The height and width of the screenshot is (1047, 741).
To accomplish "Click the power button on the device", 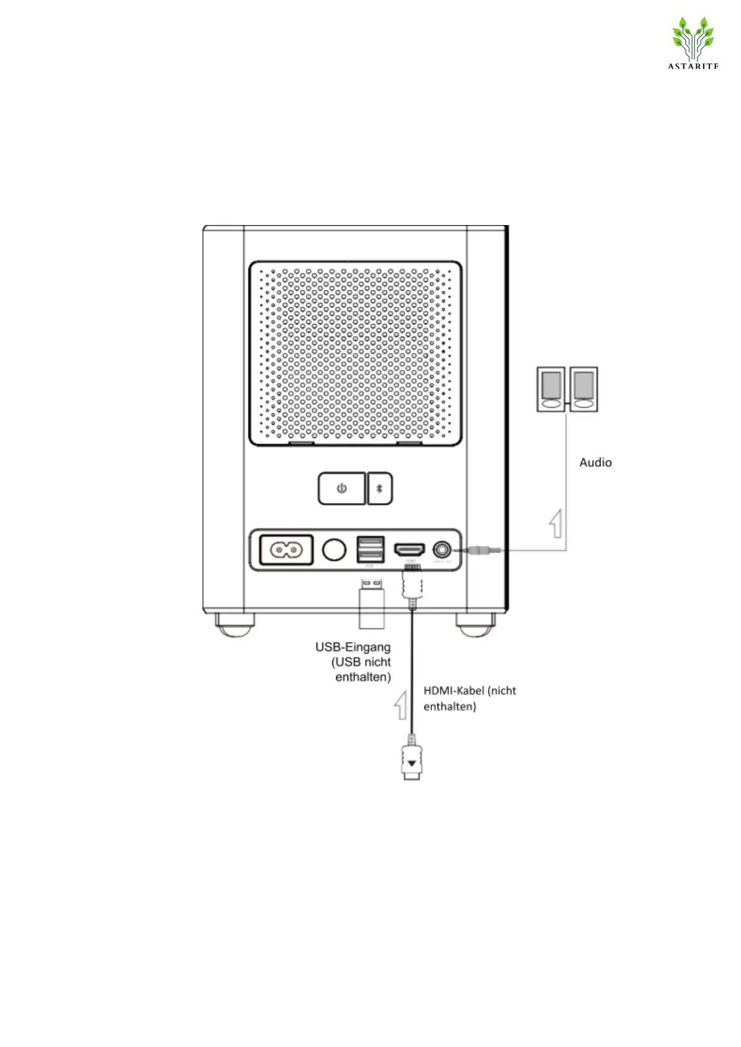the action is point(341,489).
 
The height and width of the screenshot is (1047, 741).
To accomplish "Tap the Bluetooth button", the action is point(380,489).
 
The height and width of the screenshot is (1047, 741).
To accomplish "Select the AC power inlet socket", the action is point(286,550).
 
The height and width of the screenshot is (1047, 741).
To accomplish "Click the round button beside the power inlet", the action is point(334,550).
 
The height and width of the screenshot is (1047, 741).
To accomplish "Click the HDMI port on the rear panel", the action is point(410,550).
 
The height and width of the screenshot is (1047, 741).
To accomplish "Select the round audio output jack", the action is point(442,550).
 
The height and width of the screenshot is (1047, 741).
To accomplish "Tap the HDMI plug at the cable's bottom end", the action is point(412,762).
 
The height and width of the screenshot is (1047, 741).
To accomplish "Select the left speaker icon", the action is point(551,389).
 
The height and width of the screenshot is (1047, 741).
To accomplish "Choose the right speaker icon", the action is point(583,389).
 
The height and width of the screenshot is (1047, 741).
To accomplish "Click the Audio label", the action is point(596,463).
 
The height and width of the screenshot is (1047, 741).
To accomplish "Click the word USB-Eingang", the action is point(353,647).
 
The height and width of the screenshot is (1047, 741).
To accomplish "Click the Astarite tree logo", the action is point(693,40).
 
